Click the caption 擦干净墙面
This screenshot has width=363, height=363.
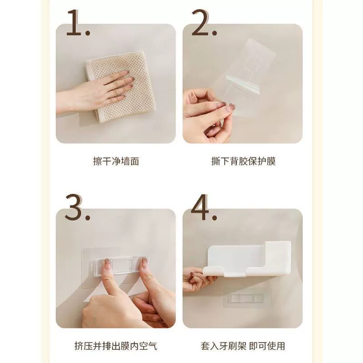click(116, 161)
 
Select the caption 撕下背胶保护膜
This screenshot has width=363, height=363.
click(243, 161)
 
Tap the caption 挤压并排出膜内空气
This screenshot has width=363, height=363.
click(116, 346)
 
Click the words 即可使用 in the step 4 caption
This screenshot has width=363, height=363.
click(267, 346)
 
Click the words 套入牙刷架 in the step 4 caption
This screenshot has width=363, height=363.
click(223, 346)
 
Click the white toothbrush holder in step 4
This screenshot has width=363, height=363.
click(247, 259)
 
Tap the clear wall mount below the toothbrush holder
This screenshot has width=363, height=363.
click(246, 298)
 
